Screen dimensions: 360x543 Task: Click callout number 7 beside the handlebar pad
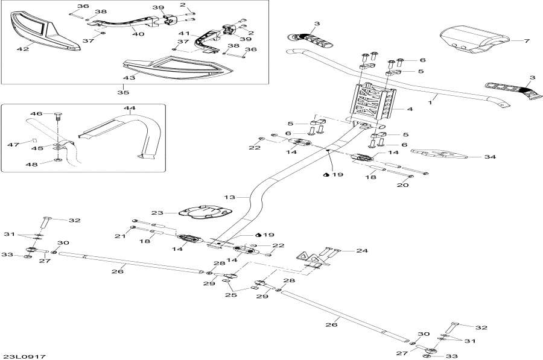coord(527,41)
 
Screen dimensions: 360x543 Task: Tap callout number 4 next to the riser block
coord(410,110)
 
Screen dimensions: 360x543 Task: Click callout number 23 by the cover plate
coord(157,213)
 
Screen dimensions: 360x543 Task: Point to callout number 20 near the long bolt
coord(402,185)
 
